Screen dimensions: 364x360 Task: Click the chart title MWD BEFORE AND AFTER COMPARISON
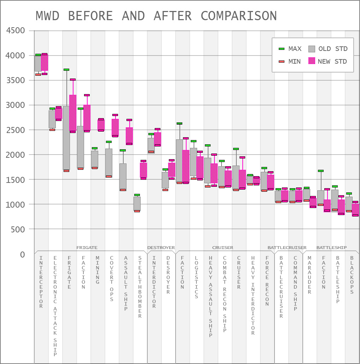pos(156,16)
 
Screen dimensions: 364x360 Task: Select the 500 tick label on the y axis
pos(18,229)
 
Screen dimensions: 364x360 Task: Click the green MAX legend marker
pos(282,48)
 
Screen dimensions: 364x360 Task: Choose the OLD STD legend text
pos(333,49)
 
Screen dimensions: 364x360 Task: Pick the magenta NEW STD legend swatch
pos(311,61)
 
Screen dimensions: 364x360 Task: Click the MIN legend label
pos(294,62)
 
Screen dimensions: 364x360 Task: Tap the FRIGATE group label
pos(87,248)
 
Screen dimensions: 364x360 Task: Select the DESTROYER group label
pos(161,248)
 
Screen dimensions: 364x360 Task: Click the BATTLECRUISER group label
pos(287,248)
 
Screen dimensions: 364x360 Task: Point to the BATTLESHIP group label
pos(331,248)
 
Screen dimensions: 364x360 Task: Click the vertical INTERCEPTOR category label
pos(41,282)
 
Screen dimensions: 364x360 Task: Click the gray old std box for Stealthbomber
pos(137,203)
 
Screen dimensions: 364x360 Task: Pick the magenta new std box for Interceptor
pos(45,63)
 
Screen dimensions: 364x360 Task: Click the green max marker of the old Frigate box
pos(66,70)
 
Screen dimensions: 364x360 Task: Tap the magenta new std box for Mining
pos(101,125)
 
